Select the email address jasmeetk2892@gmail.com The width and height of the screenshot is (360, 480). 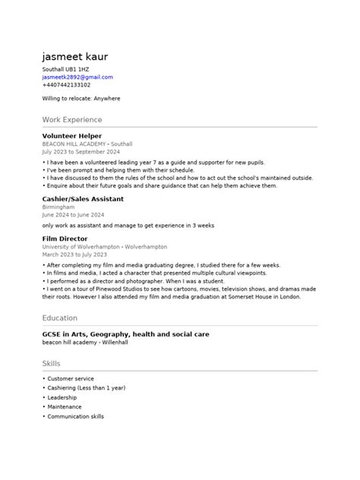coord(77,77)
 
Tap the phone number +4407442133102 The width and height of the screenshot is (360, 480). coord(66,85)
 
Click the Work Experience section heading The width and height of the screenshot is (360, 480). coord(72,120)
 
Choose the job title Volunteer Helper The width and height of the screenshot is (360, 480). coord(71,136)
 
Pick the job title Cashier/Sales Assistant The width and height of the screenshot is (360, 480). coord(83,199)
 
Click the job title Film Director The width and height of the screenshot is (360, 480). coord(65,239)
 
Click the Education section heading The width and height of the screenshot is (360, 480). coord(60,318)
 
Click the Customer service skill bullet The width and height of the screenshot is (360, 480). coord(70,378)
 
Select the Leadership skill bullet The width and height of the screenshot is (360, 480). coord(62,397)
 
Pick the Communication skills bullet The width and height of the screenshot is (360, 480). coord(75,416)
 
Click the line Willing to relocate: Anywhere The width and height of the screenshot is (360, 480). coord(81,99)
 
